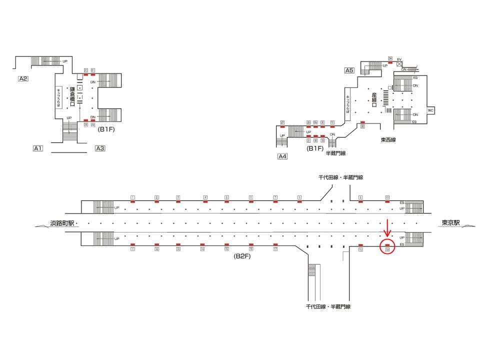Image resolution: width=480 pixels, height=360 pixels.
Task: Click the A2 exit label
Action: (23, 78)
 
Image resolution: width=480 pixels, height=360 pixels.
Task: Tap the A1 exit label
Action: (38, 148)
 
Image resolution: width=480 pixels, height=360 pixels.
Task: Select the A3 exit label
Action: (100, 148)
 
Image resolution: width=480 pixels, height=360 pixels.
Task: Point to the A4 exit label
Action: (283, 156)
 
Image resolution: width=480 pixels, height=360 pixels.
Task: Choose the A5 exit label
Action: (349, 70)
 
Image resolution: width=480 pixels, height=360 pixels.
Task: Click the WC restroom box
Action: (430, 110)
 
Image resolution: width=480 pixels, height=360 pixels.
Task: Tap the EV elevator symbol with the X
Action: (399, 64)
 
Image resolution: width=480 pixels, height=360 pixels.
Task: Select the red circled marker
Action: (387, 246)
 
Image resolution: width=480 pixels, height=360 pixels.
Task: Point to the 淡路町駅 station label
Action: (62, 223)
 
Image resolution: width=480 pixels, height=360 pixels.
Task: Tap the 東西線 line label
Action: (387, 140)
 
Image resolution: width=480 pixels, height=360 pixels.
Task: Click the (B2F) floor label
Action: (242, 255)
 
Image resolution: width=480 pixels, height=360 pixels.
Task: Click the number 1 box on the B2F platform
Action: (132, 197)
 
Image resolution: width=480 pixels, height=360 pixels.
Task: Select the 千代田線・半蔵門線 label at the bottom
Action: (328, 306)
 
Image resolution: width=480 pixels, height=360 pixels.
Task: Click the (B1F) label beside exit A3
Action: (106, 129)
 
